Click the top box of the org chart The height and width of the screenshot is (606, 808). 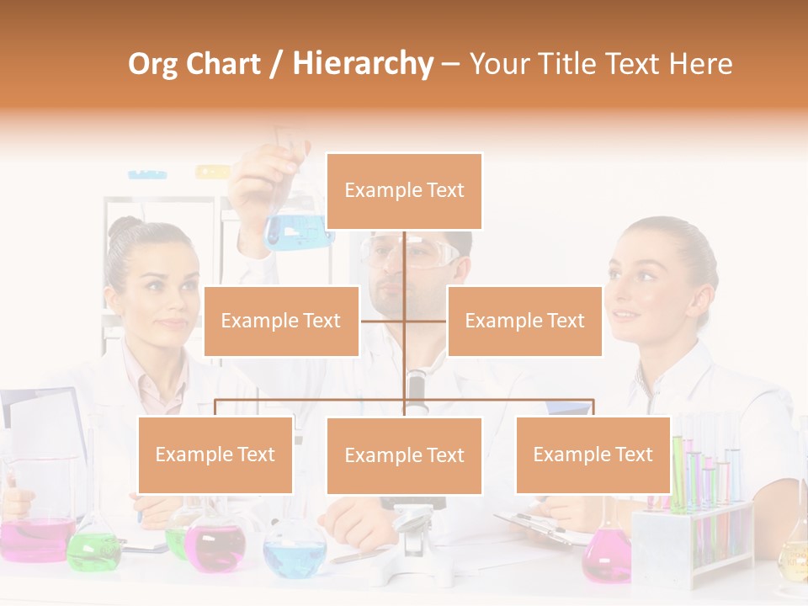404,191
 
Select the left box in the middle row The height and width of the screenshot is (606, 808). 281,321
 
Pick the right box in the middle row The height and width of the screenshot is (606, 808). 524,321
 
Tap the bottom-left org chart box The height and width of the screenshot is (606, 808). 215,454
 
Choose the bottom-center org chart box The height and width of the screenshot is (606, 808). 404,455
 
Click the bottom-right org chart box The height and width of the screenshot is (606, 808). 593,454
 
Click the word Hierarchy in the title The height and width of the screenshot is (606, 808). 363,64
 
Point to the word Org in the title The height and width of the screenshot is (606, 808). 152,64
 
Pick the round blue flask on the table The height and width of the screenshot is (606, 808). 295,555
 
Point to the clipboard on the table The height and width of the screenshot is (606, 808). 539,526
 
